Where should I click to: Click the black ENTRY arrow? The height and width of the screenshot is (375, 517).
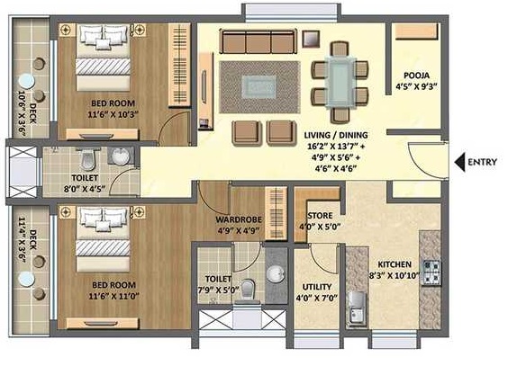click(459, 162)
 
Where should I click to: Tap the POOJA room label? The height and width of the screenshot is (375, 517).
click(417, 76)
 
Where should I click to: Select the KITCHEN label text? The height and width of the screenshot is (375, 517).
click(395, 264)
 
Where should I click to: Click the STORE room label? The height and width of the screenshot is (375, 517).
click(320, 216)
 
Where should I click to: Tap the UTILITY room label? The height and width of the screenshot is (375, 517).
click(317, 287)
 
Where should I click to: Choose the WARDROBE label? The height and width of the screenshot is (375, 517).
click(239, 219)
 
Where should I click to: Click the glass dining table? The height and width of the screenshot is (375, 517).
click(340, 82)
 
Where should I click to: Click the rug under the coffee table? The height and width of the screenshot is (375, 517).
click(259, 87)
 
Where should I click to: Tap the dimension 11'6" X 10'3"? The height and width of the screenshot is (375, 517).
click(113, 114)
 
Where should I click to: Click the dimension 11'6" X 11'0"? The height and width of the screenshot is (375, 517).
click(113, 296)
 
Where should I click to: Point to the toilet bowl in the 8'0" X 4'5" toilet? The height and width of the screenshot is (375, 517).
click(87, 160)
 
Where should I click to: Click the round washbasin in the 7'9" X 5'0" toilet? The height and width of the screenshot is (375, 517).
click(276, 274)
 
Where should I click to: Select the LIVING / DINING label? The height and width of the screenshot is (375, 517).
click(336, 135)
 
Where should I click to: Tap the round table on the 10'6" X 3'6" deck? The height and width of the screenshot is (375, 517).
click(26, 81)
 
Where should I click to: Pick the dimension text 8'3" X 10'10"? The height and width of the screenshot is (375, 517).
click(394, 275)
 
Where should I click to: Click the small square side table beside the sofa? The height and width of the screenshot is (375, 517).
click(311, 39)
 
